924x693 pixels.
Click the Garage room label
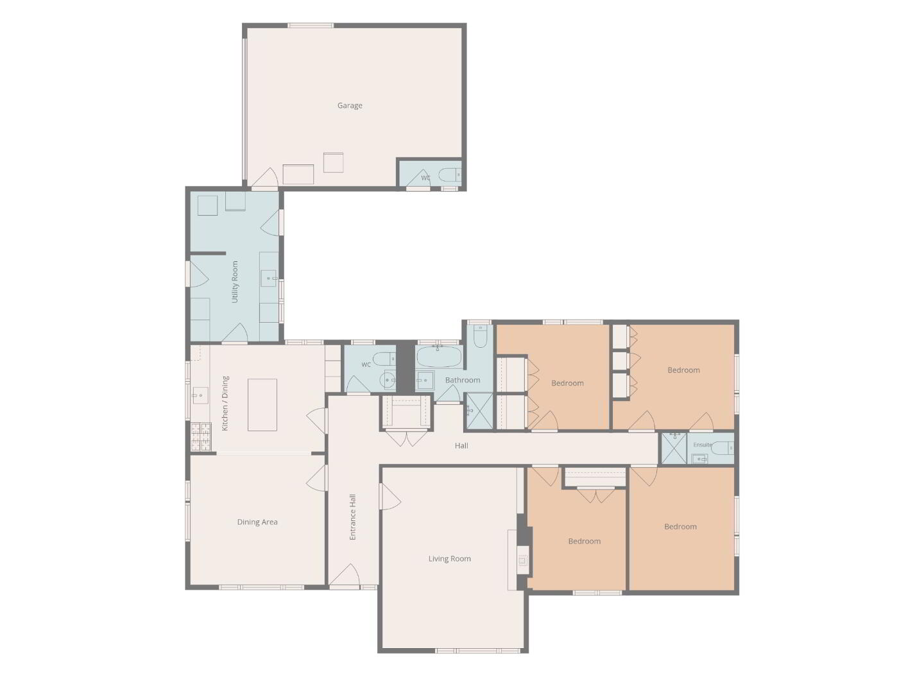tap(350, 106)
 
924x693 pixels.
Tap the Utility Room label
tap(235, 282)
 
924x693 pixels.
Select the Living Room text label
tap(449, 559)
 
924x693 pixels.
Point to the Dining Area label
tap(257, 522)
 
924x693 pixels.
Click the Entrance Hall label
tap(353, 517)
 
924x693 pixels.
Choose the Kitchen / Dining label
tap(225, 403)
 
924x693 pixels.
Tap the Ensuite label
tap(703, 444)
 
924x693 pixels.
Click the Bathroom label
tap(463, 380)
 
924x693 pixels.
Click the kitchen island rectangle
tap(262, 404)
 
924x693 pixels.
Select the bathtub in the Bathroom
tap(438, 356)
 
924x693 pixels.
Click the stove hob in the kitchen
tap(201, 437)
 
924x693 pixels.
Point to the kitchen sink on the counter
tap(200, 395)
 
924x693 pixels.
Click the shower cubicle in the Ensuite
tap(674, 448)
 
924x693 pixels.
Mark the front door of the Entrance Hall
tap(345, 576)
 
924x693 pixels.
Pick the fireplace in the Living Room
tap(522, 560)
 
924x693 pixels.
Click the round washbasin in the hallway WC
tap(387, 381)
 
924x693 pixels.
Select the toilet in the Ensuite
tap(723, 448)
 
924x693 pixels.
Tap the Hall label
tap(461, 445)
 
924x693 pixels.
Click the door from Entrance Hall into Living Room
tap(389, 497)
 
